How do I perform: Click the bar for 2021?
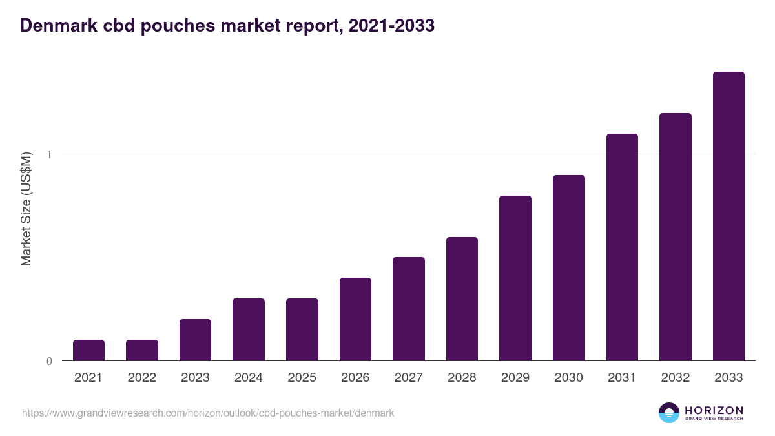point(88,350)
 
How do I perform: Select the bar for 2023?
point(195,340)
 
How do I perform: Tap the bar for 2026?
point(355,319)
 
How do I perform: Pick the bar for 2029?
point(515,278)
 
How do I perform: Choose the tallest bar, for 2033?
point(728,216)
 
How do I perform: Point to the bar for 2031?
point(622,247)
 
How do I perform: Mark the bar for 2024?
point(249,329)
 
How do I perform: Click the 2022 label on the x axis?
point(141,378)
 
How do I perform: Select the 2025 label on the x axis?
point(302,378)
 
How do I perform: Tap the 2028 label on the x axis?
point(462,378)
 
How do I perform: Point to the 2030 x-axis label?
point(568,378)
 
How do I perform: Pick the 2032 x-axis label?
point(675,378)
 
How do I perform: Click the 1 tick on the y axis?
point(48,154)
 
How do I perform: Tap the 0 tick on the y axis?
point(48,361)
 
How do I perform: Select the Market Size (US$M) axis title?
point(26,209)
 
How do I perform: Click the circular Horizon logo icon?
point(669,413)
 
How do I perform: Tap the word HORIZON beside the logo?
point(714,410)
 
